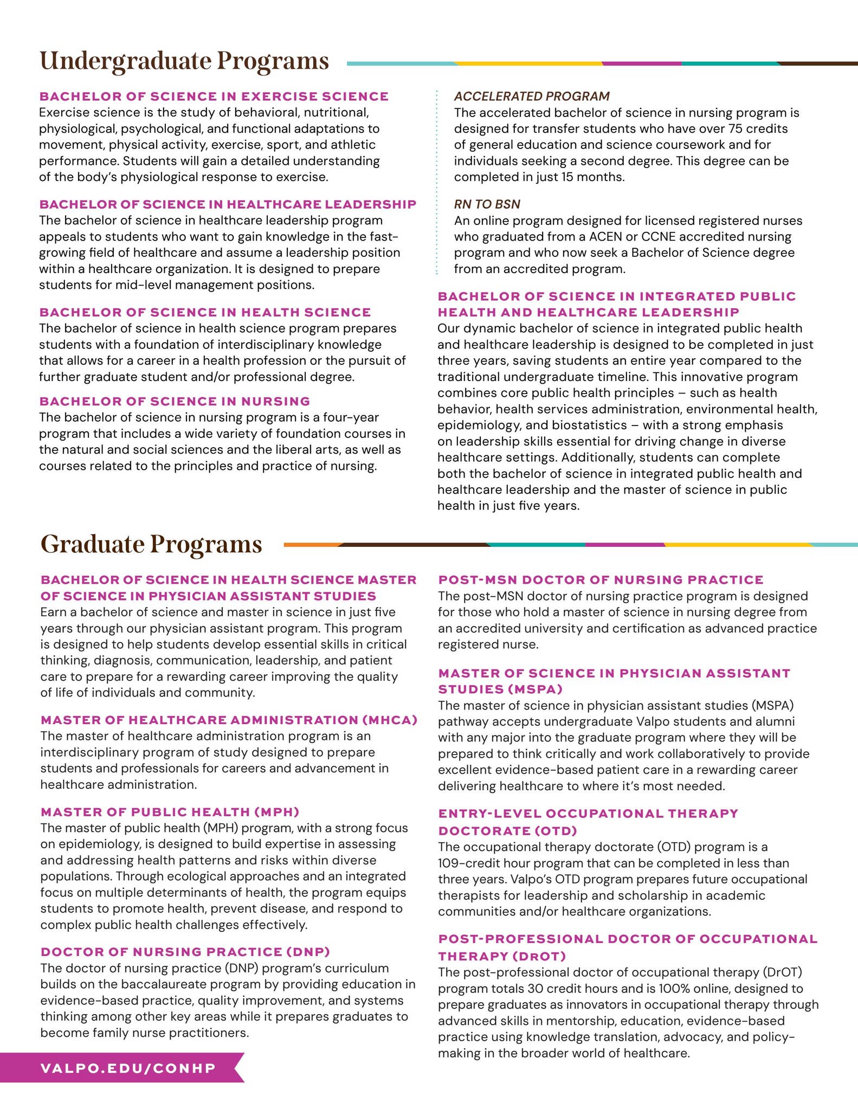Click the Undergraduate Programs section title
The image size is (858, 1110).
(x=184, y=61)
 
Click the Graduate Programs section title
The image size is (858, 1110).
(x=151, y=544)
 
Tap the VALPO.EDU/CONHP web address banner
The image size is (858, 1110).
(x=128, y=1068)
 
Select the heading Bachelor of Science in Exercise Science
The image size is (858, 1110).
(x=214, y=96)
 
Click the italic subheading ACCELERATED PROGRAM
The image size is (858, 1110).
(x=532, y=96)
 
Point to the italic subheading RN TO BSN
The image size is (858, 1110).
(x=487, y=204)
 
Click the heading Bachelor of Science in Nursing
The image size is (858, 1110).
(x=175, y=401)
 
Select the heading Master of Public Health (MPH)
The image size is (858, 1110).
(x=170, y=812)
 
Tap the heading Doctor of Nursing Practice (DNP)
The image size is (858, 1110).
(x=185, y=952)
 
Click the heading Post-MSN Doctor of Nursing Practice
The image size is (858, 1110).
(x=601, y=580)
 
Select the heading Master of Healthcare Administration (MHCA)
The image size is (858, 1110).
(x=229, y=720)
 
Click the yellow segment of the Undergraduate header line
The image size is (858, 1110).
(x=528, y=63)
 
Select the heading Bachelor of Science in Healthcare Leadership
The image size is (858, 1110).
(x=228, y=204)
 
